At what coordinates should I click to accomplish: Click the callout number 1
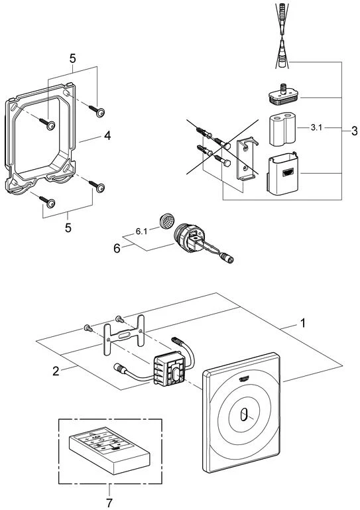click(x=303, y=323)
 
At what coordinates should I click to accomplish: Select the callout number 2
click(x=56, y=371)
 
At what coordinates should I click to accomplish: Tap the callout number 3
click(x=354, y=131)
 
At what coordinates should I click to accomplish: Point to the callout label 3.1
click(x=316, y=128)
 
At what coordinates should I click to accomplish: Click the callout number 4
click(x=107, y=136)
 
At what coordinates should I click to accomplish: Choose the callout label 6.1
click(x=141, y=231)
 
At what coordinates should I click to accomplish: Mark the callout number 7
click(x=109, y=503)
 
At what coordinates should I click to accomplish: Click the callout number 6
click(x=117, y=249)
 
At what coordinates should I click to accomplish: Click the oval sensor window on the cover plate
click(x=243, y=415)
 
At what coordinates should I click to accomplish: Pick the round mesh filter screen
click(x=168, y=220)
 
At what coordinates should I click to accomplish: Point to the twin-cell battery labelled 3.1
click(x=282, y=129)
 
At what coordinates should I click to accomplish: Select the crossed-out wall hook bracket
click(x=247, y=159)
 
